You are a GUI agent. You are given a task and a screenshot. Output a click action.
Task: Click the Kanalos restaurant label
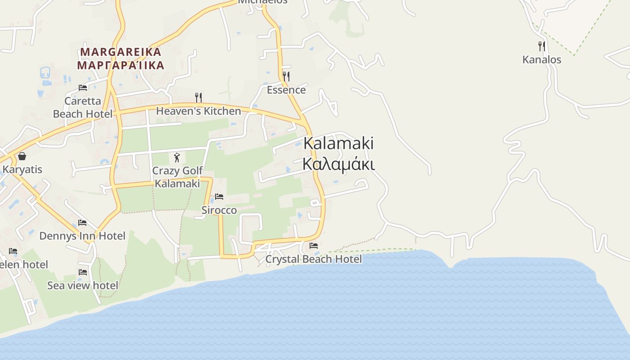pos(541,59)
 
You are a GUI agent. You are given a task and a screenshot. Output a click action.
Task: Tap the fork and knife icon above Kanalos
pos(541,46)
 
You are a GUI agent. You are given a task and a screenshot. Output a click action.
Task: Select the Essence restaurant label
pos(286,90)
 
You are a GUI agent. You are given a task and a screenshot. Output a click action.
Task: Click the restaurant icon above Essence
pos(286,76)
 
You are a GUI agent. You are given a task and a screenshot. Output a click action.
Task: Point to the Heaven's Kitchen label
pos(198,111)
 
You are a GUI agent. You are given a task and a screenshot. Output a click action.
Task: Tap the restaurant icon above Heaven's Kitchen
pos(198,97)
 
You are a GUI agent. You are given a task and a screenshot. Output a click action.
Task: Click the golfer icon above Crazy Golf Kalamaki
pos(177,157)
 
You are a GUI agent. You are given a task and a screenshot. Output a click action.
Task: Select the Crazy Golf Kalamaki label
pos(177,177)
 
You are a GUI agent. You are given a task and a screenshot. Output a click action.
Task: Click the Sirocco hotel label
pos(219,210)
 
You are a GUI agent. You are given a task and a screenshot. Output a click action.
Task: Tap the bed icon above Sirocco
pos(219,197)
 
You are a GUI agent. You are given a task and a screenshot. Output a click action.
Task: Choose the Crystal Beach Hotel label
pos(313,259)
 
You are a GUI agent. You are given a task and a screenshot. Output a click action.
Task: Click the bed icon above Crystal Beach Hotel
pos(314,246)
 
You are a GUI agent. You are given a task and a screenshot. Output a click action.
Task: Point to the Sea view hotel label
pos(83,285)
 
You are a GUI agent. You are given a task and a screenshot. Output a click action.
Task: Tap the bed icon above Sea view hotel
pos(83,272)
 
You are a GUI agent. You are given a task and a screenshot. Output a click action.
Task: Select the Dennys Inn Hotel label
pos(82,236)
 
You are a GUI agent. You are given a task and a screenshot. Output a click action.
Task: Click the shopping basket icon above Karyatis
pos(22,156)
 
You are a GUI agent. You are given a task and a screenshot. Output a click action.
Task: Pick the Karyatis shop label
pos(22,170)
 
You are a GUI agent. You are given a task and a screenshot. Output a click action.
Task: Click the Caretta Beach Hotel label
pos(83,107)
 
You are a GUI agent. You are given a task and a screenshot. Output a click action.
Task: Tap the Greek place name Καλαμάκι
pos(338,164)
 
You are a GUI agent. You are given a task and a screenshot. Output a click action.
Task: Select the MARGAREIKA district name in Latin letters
pos(121,52)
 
